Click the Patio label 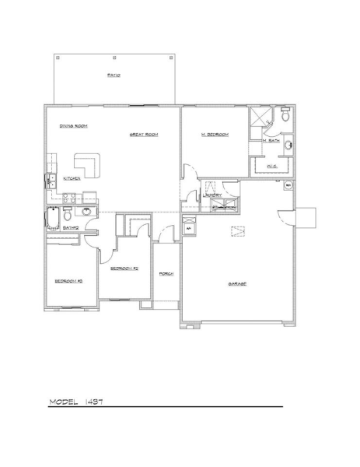(x=113, y=75)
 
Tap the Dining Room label (x=72, y=125)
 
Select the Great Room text (x=144, y=135)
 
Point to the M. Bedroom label (x=214, y=135)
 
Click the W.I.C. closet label (x=271, y=166)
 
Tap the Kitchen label (x=72, y=177)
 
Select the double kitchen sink (x=49, y=181)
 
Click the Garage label (x=237, y=284)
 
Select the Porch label (x=165, y=275)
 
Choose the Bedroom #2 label (x=124, y=269)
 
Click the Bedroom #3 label (x=68, y=281)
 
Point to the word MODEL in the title (x=64, y=402)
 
